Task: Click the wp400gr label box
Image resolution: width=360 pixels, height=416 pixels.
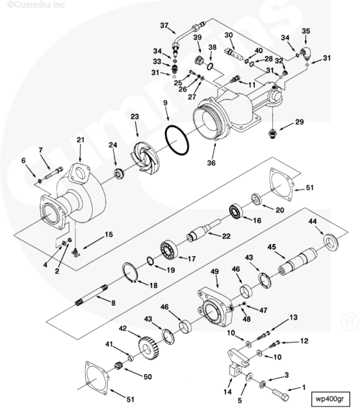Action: (330, 399)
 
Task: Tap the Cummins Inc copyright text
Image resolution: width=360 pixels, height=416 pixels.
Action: (36, 4)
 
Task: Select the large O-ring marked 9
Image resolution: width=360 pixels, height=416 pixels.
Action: (177, 140)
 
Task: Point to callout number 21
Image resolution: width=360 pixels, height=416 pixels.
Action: (81, 140)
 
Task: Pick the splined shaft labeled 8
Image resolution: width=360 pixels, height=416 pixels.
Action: (92, 295)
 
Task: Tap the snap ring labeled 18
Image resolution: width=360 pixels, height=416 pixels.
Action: (130, 271)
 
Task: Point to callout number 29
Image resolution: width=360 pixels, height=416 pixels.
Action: (300, 122)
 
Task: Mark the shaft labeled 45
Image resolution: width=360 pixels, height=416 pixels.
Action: (297, 262)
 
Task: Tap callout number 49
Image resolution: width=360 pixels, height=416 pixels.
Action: (215, 271)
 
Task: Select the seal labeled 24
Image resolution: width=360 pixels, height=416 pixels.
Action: (120, 173)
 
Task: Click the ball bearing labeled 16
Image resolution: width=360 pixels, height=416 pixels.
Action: (235, 211)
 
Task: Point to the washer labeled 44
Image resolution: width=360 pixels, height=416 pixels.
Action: (331, 243)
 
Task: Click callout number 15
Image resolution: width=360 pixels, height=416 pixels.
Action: (109, 235)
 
